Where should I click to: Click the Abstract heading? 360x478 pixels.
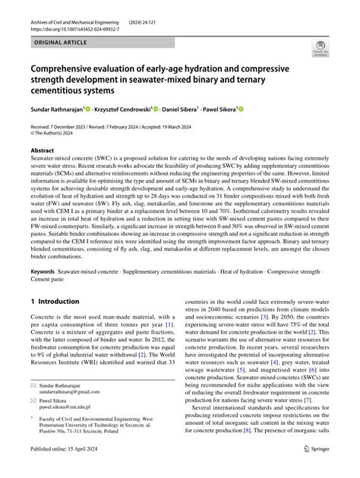point(43,150)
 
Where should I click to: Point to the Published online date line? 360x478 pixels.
point(72,470)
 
